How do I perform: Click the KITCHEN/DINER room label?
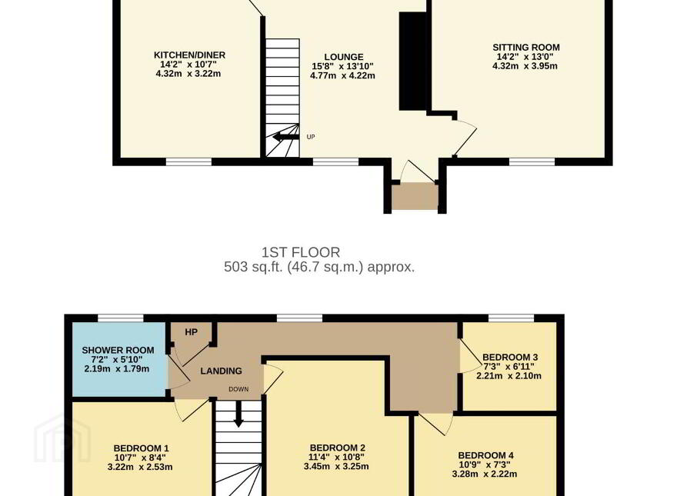tap(189, 55)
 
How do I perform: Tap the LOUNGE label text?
tap(344, 57)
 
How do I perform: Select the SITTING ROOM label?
tap(526, 48)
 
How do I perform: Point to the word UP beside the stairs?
tap(311, 137)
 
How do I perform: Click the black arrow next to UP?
tap(285, 137)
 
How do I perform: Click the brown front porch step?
tap(415, 196)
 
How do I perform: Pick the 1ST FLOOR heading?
tap(301, 252)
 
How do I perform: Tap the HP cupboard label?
tap(192, 332)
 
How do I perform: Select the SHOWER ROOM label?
tap(118, 350)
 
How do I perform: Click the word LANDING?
tap(221, 371)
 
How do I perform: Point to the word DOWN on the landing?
tap(238, 389)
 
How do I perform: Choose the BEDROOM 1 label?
tap(141, 448)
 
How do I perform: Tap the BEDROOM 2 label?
tap(337, 448)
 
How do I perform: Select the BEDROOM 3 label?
tap(510, 357)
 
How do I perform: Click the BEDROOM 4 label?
tap(485, 455)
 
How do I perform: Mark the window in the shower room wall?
tap(121, 318)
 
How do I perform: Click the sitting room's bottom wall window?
tap(532, 162)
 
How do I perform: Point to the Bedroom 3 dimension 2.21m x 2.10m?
tap(509, 375)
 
